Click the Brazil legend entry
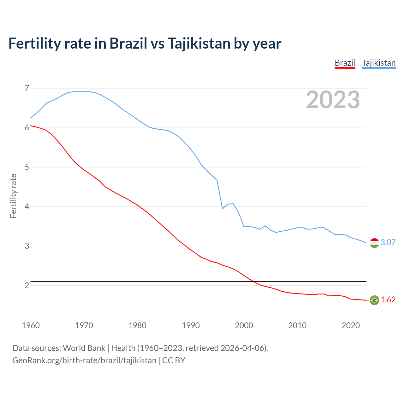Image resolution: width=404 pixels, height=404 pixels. tap(345, 63)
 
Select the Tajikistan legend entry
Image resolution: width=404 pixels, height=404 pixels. tap(378, 63)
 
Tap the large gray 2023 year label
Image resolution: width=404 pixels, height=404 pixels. tap(333, 100)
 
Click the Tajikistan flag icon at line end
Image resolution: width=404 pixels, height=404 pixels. tap(374, 243)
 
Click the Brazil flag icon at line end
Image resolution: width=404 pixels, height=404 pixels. tap(374, 300)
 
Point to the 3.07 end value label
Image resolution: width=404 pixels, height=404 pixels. tap(388, 242)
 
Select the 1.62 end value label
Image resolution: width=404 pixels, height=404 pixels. tap(388, 300)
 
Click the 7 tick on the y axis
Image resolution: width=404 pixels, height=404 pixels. tap(27, 88)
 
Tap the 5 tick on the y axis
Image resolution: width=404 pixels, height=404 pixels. tap(27, 167)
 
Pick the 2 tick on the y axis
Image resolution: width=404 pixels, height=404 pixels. tap(27, 285)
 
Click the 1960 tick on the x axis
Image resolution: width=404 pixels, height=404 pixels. tap(31, 325)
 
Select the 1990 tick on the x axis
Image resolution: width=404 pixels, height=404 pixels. tap(191, 325)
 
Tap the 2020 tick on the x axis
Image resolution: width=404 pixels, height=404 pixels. tap(351, 325)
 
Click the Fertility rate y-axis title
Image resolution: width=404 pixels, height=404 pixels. tap(13, 196)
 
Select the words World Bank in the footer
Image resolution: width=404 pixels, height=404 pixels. tap(84, 348)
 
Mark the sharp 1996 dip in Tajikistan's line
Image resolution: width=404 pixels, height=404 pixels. tap(223, 209)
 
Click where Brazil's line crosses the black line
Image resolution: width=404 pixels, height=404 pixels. tap(253, 281)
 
